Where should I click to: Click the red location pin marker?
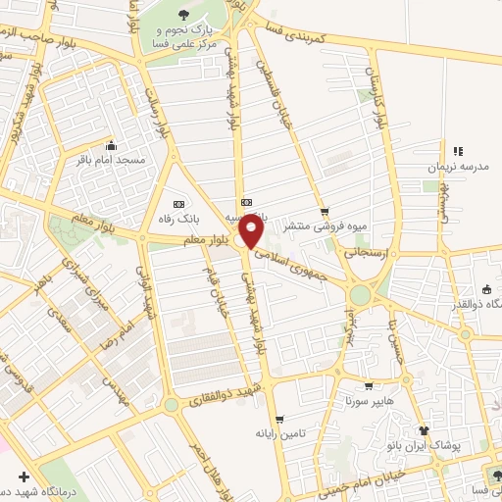[252, 231]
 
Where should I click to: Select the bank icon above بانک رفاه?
[177, 175]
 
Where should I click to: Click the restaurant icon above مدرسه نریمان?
[458, 149]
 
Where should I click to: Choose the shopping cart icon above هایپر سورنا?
[368, 385]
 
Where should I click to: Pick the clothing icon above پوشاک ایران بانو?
[425, 429]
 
